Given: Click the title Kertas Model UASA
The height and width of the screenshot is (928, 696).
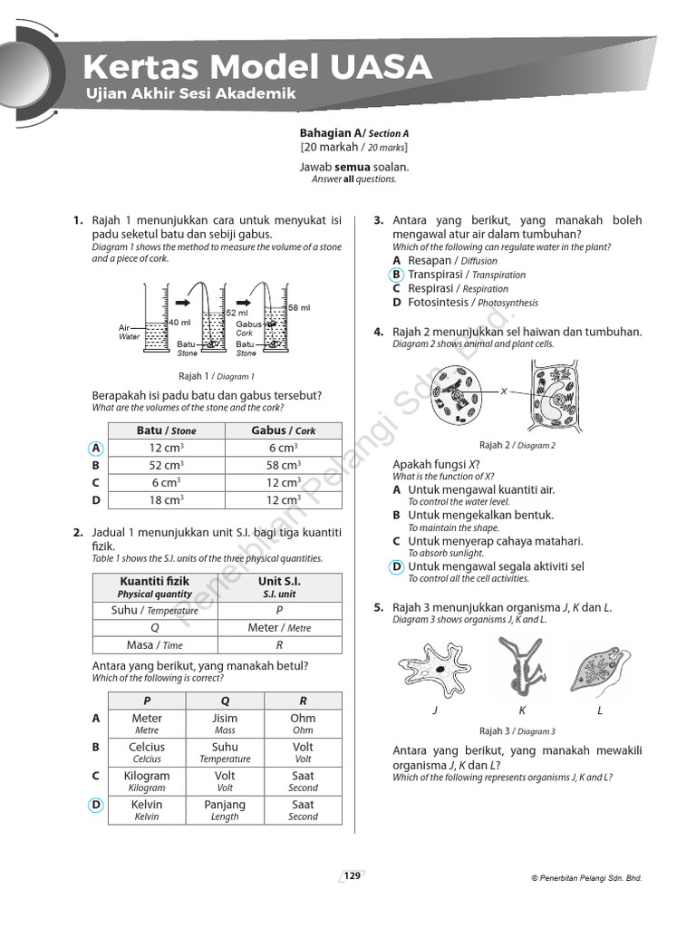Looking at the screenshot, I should (256, 67).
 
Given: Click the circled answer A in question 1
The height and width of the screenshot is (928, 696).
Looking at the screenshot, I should (96, 448).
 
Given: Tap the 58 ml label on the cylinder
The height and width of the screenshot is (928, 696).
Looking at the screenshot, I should (299, 308).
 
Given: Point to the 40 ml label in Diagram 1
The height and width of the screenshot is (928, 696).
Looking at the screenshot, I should (179, 323).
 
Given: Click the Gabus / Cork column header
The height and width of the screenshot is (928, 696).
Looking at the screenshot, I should (283, 430).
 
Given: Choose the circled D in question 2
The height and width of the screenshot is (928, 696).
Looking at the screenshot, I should (96, 805).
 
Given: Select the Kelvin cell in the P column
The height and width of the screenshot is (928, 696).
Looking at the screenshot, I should (147, 809).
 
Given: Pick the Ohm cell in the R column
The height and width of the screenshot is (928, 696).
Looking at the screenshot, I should (303, 723).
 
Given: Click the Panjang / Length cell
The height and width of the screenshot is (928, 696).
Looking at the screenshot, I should (225, 809).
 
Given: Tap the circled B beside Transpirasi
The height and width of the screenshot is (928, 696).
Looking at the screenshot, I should (397, 275).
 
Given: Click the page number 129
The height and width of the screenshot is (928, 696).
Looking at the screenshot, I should (352, 875).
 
